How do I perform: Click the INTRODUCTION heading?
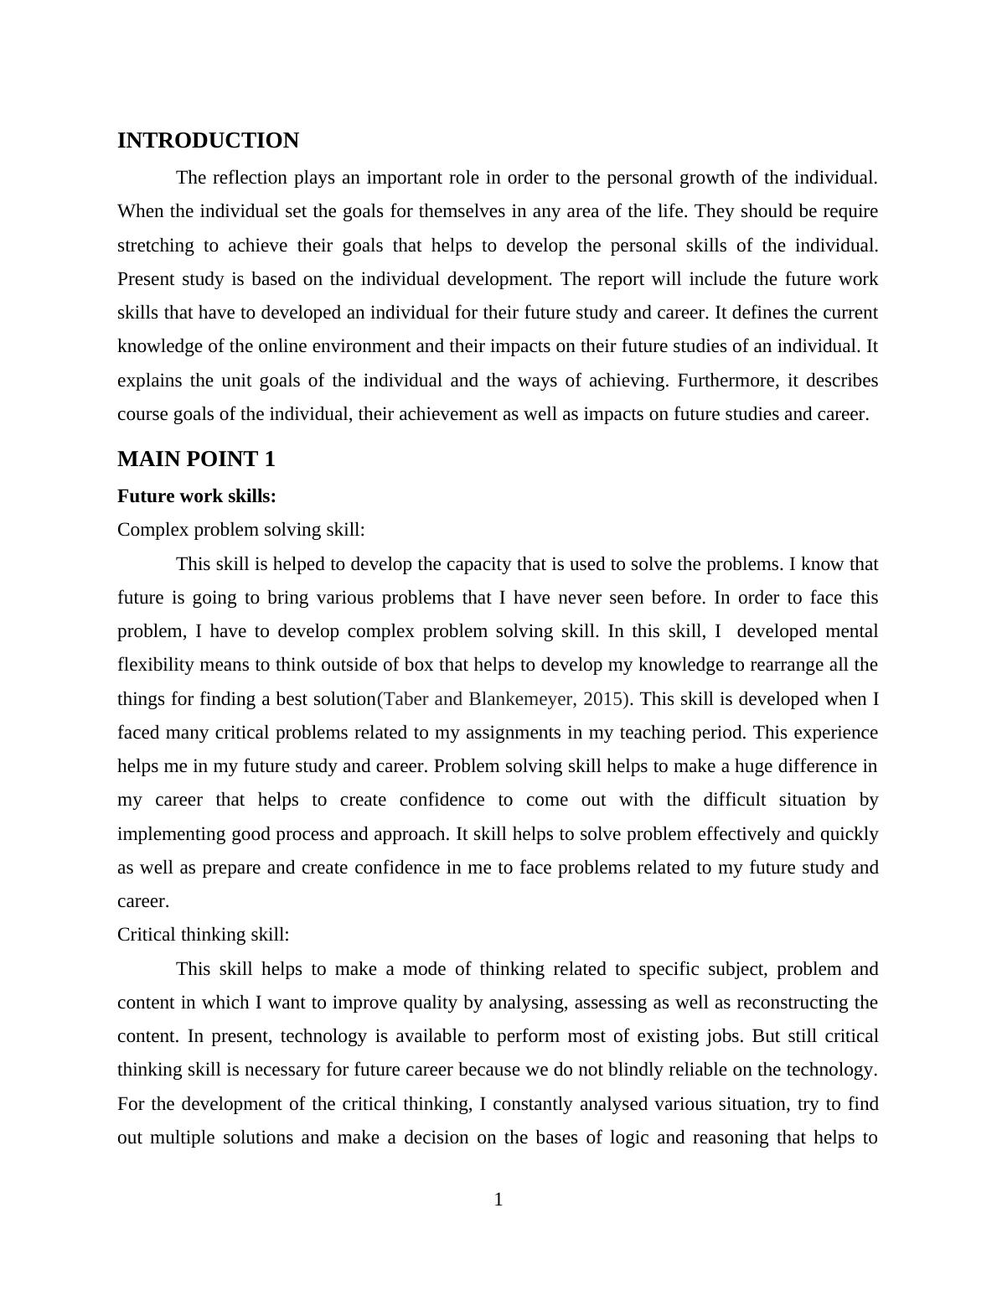point(208,141)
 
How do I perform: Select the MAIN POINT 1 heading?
point(196,459)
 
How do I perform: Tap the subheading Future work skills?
point(197,496)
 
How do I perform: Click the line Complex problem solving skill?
point(241,530)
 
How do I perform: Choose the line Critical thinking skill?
point(204,935)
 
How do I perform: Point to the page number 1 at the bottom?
point(498,1200)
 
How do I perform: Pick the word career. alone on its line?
point(143,901)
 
